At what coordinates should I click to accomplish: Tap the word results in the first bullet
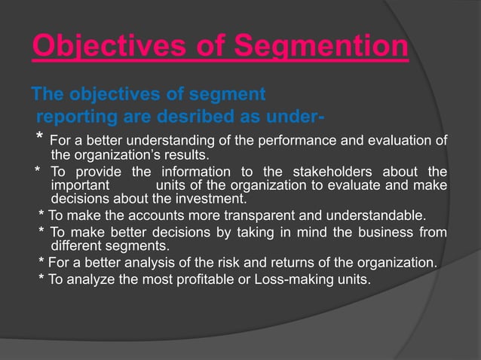(187, 156)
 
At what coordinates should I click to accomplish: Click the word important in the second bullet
(80, 185)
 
